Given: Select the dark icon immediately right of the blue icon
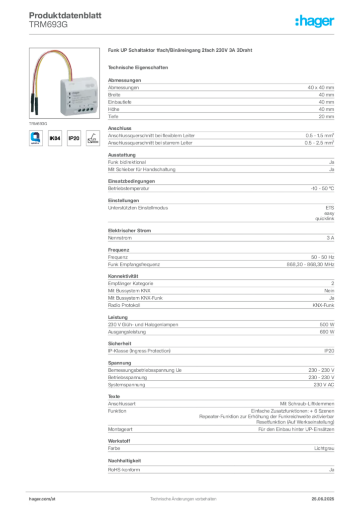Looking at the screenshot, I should pyautogui.click(x=56, y=138).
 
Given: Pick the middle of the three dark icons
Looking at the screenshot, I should pyautogui.click(x=74, y=138).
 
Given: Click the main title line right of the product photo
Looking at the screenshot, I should pyautogui.click(x=181, y=51).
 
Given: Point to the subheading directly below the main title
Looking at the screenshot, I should pyautogui.click(x=140, y=67).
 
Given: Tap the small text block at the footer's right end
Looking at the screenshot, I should pyautogui.click(x=326, y=495).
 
